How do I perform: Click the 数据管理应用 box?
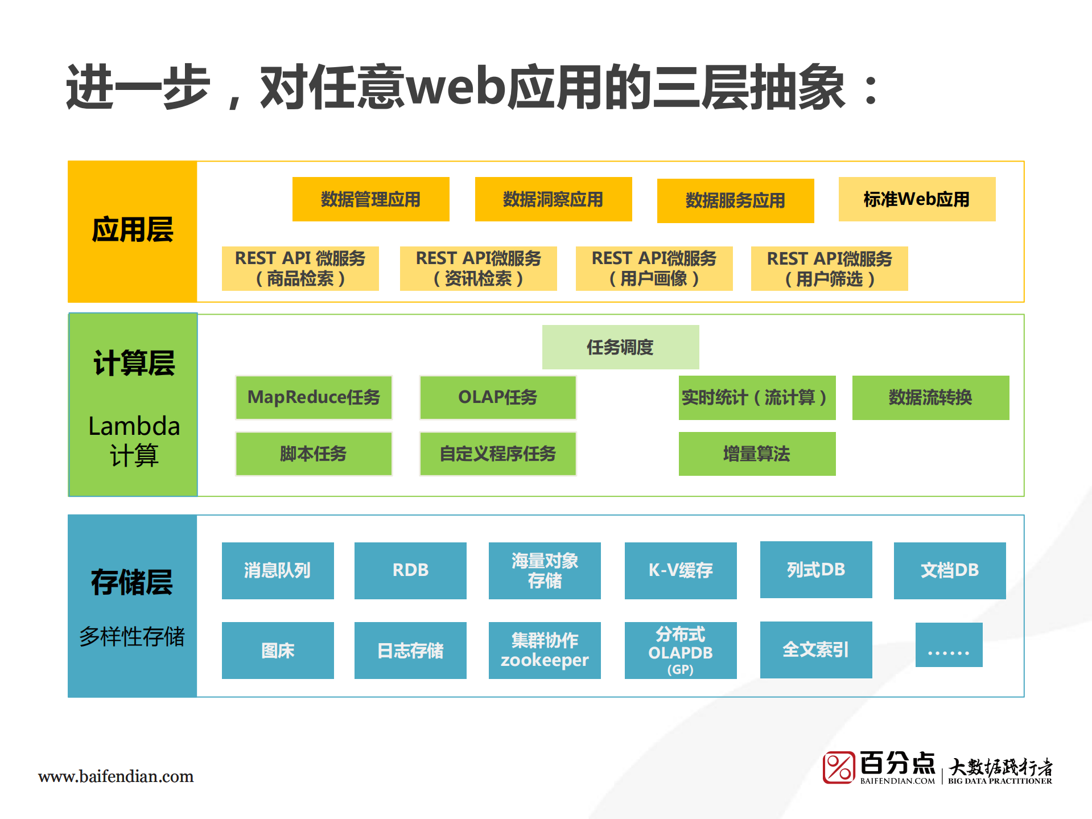coord(370,199)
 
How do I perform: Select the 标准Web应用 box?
coord(916,199)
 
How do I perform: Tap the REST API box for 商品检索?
coord(300,269)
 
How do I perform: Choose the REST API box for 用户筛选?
coord(829,269)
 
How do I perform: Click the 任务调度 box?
coord(620,347)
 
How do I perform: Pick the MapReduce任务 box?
coord(314,397)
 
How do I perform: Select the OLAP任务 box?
coord(497,397)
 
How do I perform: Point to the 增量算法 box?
coord(757,454)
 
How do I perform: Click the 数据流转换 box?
coord(930,397)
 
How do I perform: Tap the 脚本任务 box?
coord(314,454)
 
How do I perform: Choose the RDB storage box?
coord(410,570)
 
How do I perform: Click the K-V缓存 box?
coord(681,570)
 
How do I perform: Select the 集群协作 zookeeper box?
coord(545,650)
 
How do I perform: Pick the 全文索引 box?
coord(816,649)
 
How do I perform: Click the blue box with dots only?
coord(949,645)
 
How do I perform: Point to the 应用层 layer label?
coord(133,230)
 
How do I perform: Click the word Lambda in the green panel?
coord(134,426)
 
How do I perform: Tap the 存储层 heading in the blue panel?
coord(132,582)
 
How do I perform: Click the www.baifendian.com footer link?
coord(116,776)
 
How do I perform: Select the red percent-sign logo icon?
coord(839,767)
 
